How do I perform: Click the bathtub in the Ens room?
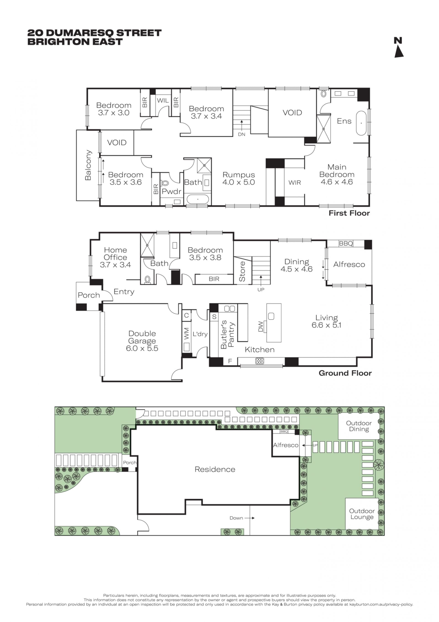click(x=361, y=123)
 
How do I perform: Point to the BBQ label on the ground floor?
click(x=346, y=244)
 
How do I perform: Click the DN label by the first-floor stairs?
click(x=242, y=134)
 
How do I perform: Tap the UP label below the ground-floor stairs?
click(x=261, y=290)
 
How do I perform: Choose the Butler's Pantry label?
click(x=227, y=334)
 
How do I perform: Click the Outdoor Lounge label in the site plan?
click(x=362, y=514)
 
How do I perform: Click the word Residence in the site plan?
click(x=215, y=470)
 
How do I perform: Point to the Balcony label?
click(x=88, y=165)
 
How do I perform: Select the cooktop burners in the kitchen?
click(x=260, y=361)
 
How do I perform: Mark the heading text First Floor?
click(x=349, y=213)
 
